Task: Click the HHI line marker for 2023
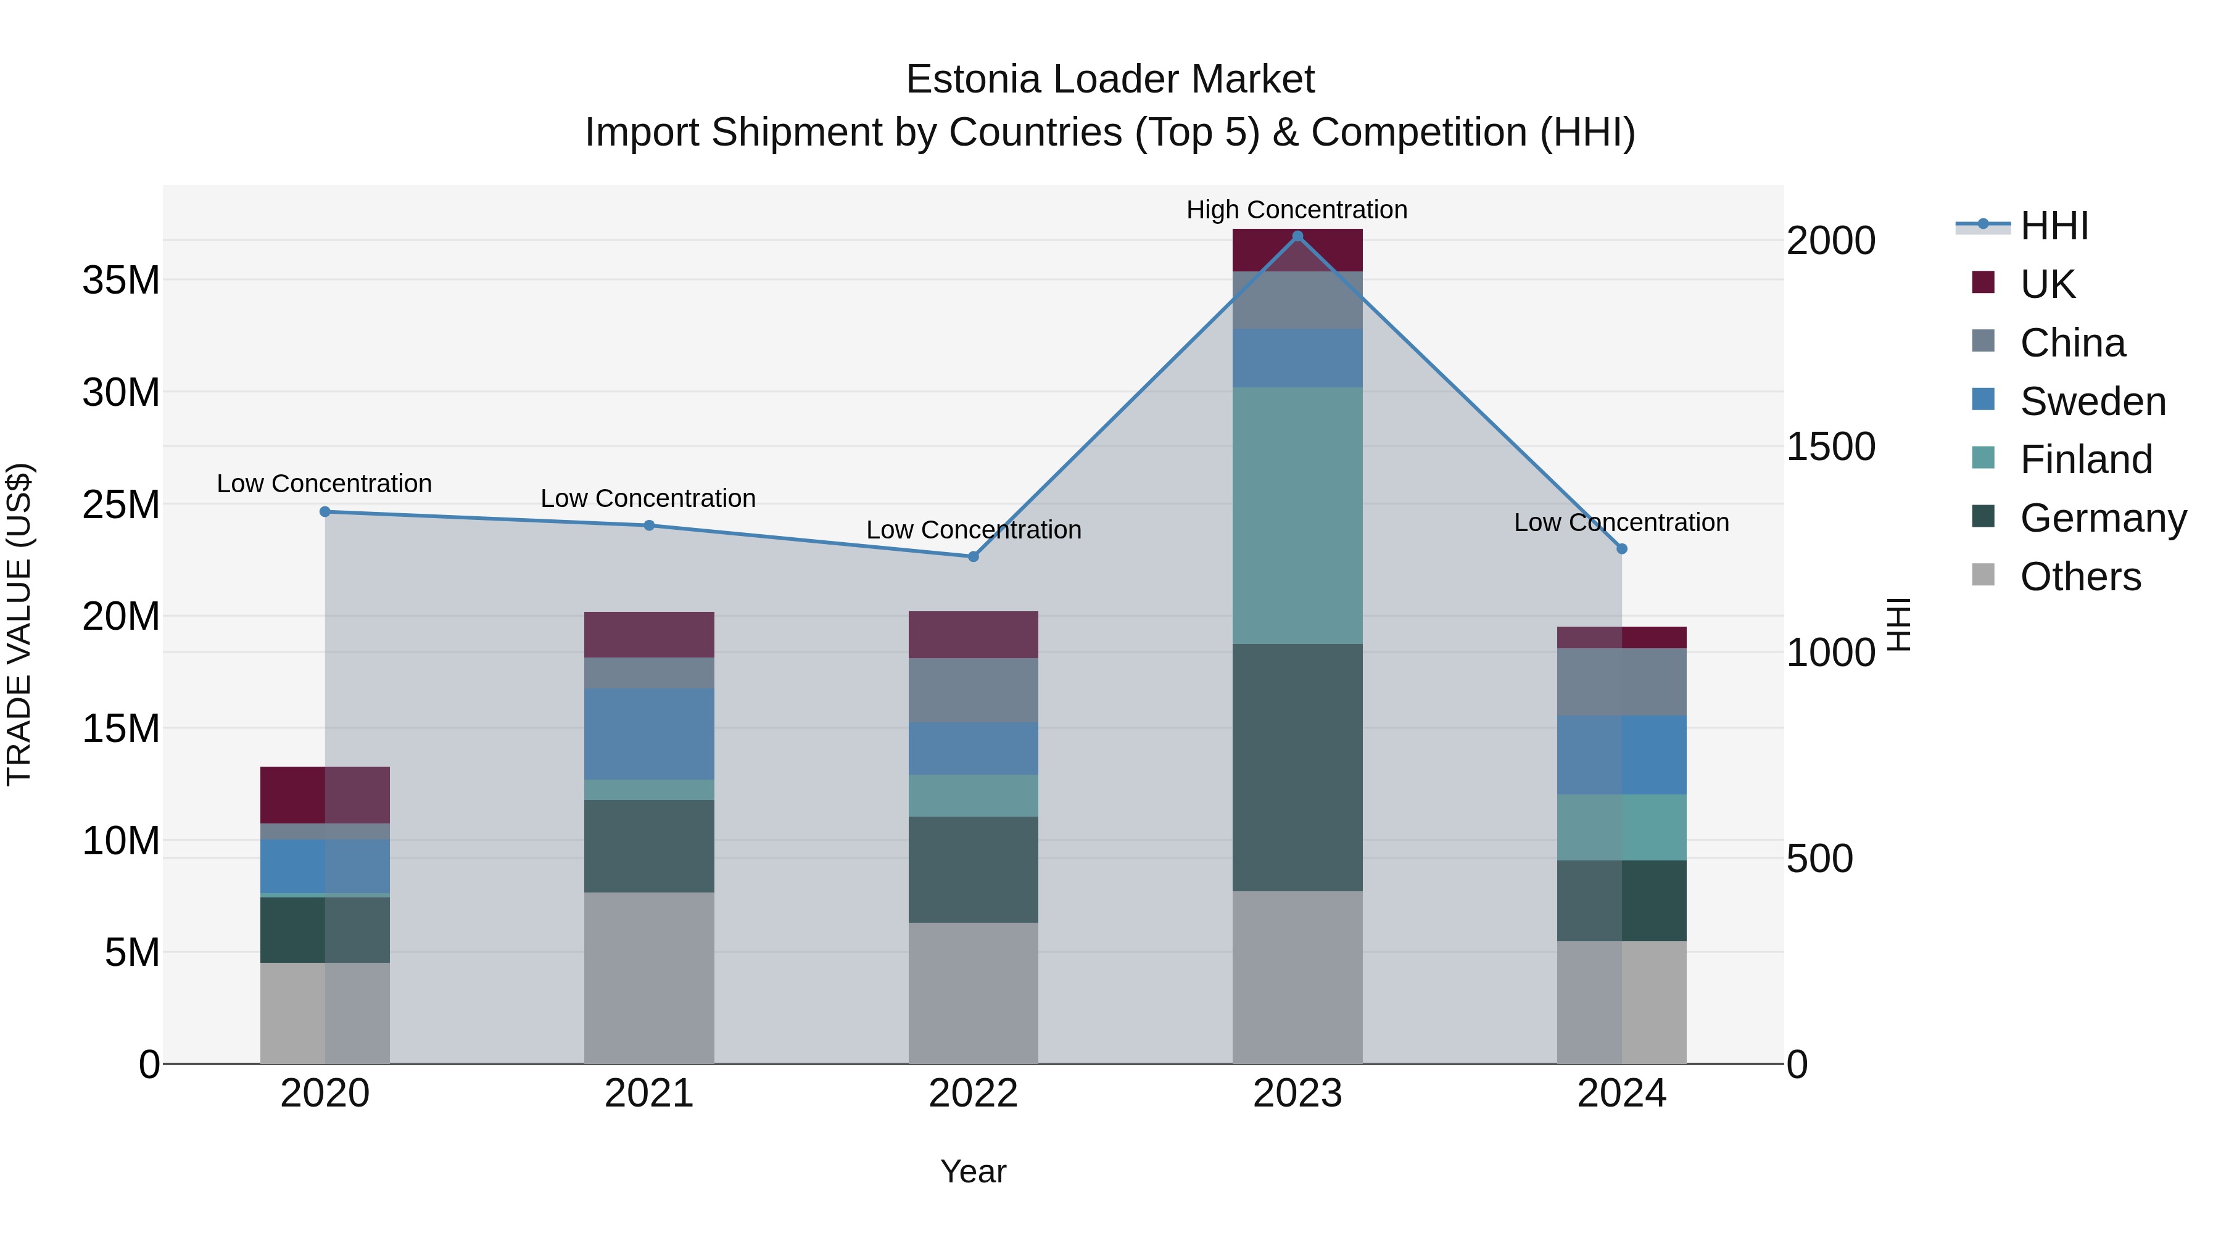(1297, 236)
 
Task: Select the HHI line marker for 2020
(325, 511)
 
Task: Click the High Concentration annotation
(1297, 210)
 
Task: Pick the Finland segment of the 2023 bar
(1297, 516)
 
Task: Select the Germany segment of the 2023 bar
(1297, 767)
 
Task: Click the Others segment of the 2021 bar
(649, 978)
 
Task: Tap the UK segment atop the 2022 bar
(974, 635)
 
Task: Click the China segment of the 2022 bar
(974, 690)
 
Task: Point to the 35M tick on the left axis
(121, 280)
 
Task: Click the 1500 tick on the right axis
(1830, 447)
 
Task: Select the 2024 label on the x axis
(1621, 1094)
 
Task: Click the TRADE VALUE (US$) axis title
(19, 624)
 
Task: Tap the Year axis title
(974, 1171)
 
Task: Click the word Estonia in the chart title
(974, 80)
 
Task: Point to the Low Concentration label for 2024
(1621, 522)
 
